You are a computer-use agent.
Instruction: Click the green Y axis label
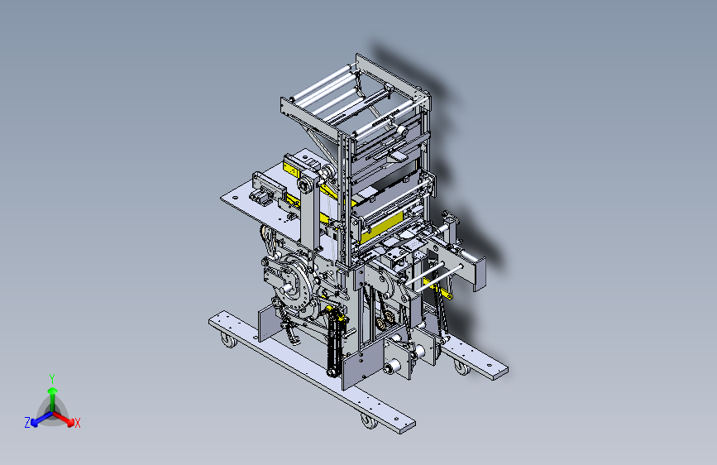[x=52, y=379]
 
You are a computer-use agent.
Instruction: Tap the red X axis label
[x=77, y=423]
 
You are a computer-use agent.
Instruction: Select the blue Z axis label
[x=27, y=423]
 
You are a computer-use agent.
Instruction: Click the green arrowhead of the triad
[x=53, y=391]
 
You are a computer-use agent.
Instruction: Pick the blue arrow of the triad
[x=42, y=419]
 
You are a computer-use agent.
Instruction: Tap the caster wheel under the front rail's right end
[x=369, y=421]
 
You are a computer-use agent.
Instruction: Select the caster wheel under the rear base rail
[x=461, y=367]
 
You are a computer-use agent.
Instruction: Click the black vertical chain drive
[x=335, y=343]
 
